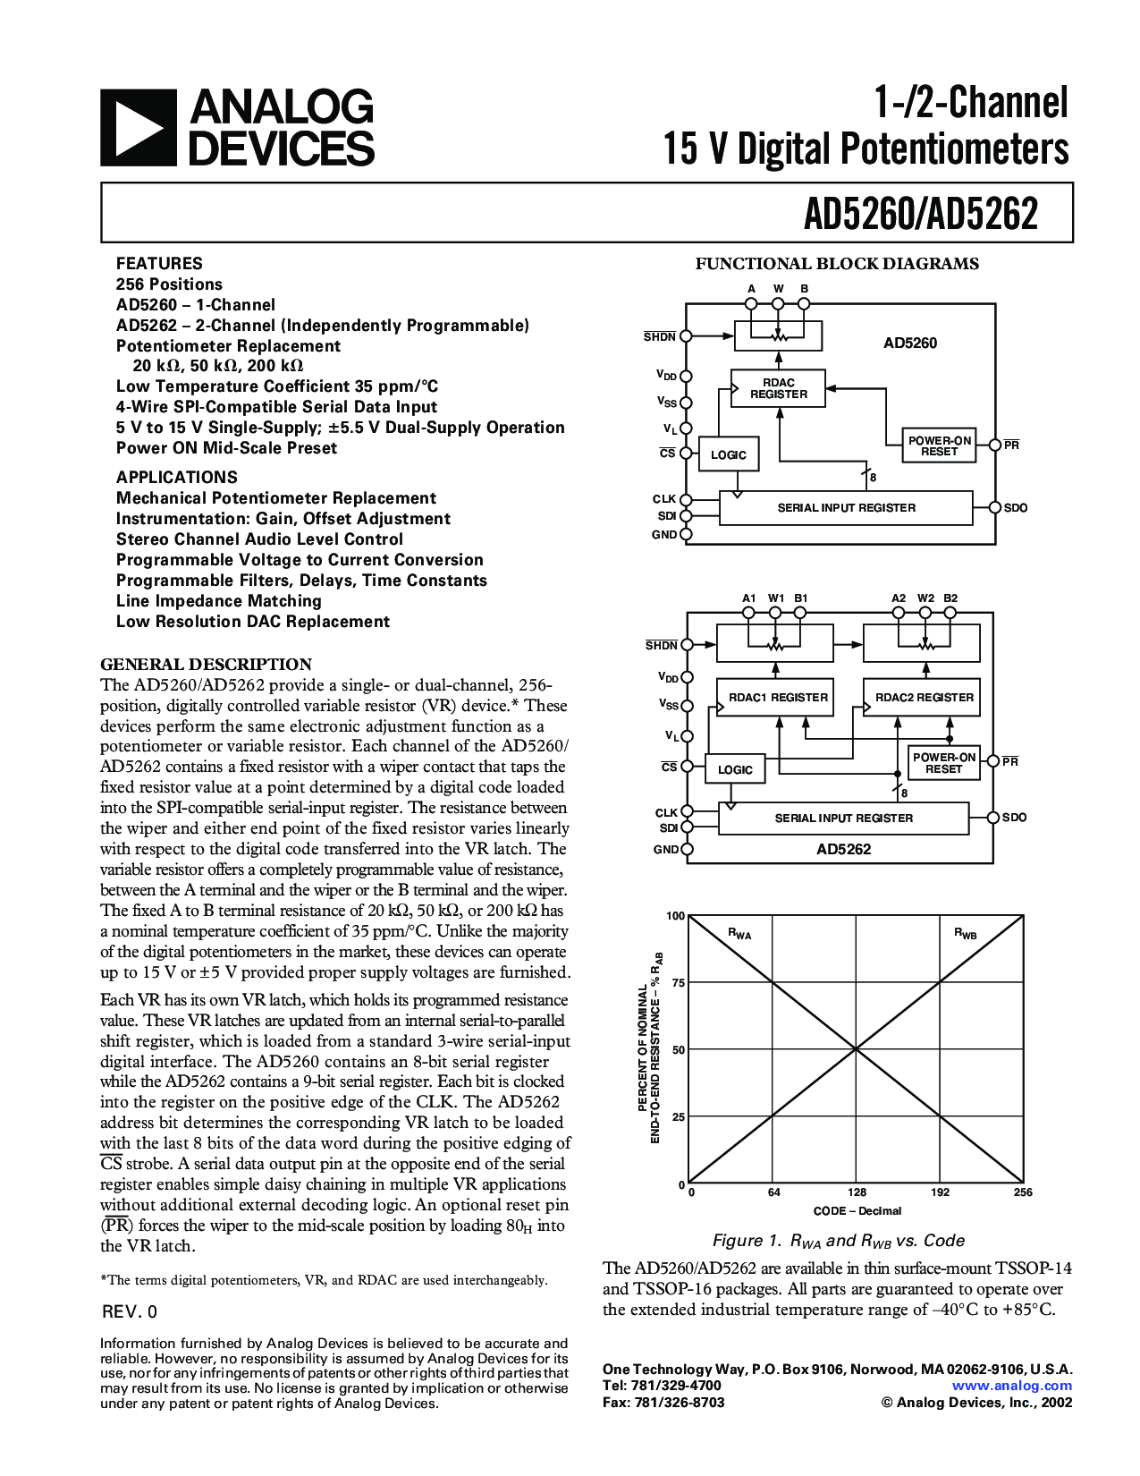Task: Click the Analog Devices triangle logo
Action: (138, 127)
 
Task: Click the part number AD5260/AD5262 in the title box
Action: (920, 214)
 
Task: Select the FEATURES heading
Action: (159, 263)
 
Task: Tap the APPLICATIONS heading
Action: (177, 477)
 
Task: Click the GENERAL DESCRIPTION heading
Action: (206, 664)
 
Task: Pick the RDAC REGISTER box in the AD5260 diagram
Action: (778, 388)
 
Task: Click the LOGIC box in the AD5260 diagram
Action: (728, 454)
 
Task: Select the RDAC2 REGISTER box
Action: (924, 697)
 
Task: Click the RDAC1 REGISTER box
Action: (777, 697)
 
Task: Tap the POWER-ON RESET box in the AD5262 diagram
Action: (943, 762)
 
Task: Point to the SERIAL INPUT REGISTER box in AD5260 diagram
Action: (846, 507)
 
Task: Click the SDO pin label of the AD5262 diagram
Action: (1014, 818)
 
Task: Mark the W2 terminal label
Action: (925, 598)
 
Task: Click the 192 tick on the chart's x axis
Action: (940, 1192)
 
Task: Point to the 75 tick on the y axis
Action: (678, 983)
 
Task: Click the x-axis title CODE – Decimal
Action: (857, 1210)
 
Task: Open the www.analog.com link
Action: (1011, 1386)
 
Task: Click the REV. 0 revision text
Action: (130, 1311)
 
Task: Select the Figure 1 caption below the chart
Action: (838, 1241)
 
